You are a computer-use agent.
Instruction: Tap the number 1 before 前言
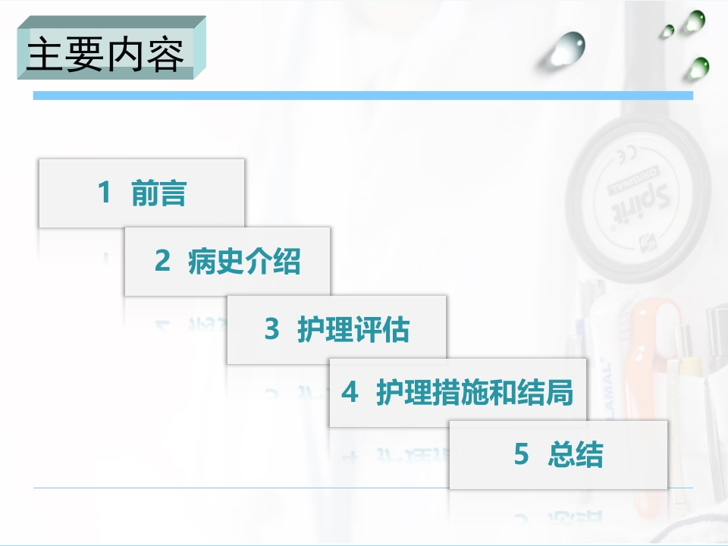coord(104,193)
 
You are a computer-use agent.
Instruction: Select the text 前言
coord(158,193)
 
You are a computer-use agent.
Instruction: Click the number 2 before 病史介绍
coord(162,262)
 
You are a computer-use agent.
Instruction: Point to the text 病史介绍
coord(244,262)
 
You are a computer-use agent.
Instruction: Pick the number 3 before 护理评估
coord(271,330)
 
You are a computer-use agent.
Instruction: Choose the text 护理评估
coord(353,330)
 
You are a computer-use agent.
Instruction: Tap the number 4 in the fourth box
coord(349,393)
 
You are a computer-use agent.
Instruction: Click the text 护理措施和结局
coord(475,393)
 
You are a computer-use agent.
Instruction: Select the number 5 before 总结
coord(521,455)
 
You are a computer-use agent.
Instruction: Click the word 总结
coord(575,455)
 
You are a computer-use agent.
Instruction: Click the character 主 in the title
coord(44,55)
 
